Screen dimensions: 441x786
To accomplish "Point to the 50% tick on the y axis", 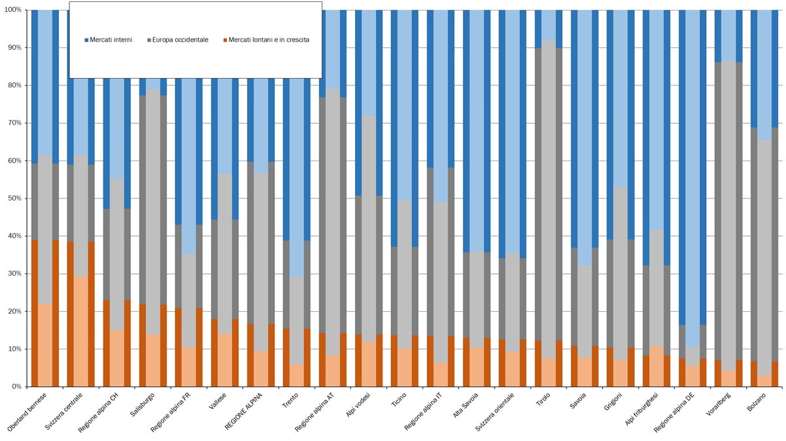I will pos(14,199).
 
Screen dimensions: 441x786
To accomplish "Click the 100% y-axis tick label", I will pos(12,10).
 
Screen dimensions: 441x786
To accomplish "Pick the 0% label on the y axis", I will pos(16,387).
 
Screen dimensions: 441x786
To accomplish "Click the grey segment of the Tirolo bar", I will pos(549,197).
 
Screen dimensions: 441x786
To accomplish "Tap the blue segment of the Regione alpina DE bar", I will pos(692,164).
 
